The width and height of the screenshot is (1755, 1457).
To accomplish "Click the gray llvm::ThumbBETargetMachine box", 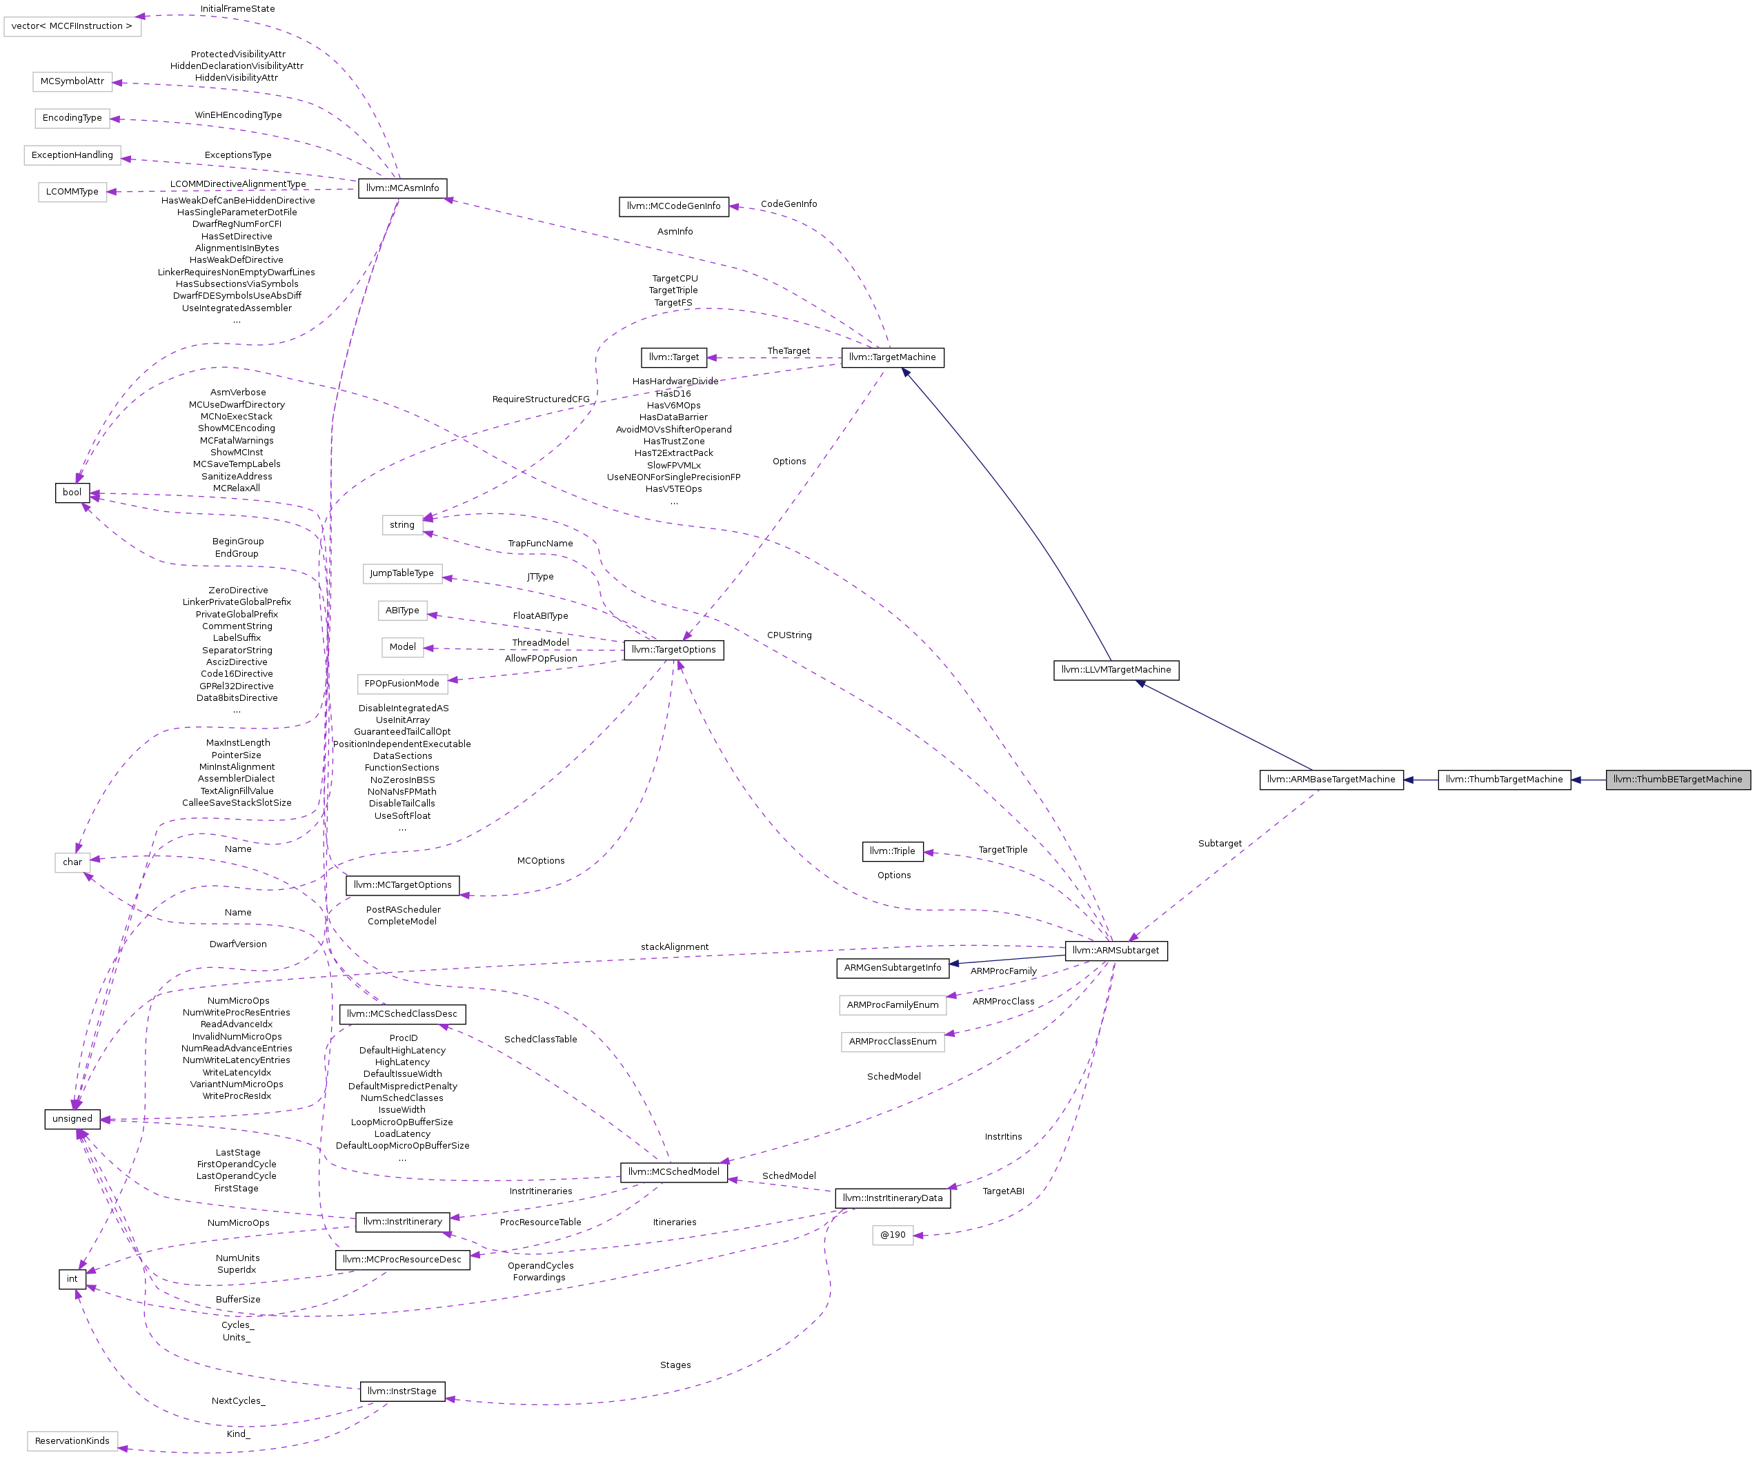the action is point(1677,779).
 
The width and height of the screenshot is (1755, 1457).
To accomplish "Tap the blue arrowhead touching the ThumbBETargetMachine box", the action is point(1576,780).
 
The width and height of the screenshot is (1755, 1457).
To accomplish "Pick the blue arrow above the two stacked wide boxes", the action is point(1007,960).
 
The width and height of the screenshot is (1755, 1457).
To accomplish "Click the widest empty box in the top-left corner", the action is point(72,27).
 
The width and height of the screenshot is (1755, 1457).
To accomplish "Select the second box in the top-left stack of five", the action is point(72,82).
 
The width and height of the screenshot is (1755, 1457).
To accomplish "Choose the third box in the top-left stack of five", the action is point(72,119).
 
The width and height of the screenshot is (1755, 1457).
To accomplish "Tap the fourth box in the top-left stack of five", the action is point(72,155).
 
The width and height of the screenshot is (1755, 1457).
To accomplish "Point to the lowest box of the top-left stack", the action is point(72,192).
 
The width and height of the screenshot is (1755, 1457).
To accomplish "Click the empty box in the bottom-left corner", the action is point(72,1440).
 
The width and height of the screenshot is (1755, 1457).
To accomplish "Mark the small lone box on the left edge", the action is point(72,862).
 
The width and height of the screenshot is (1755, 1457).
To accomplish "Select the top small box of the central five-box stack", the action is point(402,524).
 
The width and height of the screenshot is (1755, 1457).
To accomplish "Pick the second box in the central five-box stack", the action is point(402,573).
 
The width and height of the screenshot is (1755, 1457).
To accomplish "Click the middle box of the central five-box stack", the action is point(402,611).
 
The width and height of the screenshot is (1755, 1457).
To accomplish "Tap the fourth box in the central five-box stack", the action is point(402,647).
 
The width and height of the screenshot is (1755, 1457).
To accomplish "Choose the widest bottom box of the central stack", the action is point(402,684).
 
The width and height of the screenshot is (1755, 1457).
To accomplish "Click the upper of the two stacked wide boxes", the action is point(893,1004).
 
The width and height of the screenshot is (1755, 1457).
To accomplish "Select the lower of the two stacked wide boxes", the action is point(893,1042).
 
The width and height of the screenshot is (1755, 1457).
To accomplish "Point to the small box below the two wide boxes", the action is point(893,1235).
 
